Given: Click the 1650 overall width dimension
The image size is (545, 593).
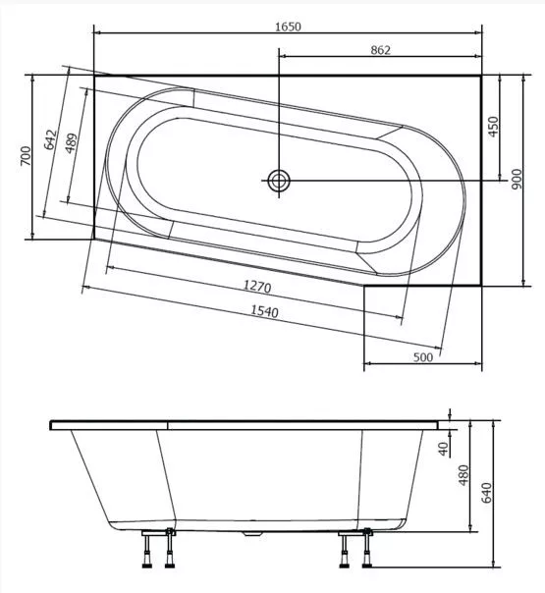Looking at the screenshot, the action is click(288, 27).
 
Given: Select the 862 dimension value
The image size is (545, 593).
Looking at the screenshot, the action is click(380, 50).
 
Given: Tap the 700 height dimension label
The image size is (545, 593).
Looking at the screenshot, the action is click(26, 156).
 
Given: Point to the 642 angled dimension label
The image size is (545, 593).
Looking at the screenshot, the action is click(50, 139).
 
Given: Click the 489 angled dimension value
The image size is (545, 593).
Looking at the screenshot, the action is click(71, 143).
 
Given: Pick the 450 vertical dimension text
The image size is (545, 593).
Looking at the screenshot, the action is click(493, 127).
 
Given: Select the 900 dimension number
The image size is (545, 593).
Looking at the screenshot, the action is click(517, 180).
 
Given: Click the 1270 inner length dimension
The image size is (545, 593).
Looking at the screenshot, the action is click(257, 286).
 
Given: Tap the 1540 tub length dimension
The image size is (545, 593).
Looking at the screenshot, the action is click(265, 311).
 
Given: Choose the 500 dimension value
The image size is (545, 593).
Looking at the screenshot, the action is click(423, 357).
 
